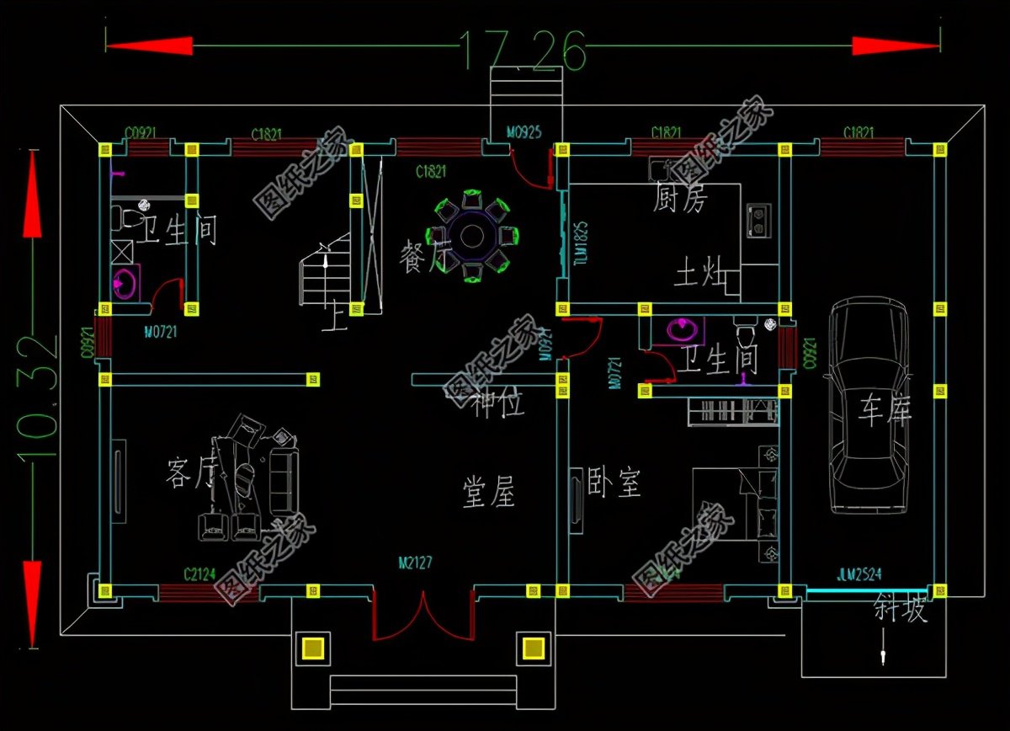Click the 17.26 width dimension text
[523, 50]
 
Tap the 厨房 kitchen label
[681, 199]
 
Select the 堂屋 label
[489, 491]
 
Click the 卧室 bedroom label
[614, 483]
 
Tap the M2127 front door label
[415, 562]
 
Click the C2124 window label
[199, 574]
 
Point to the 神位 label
[497, 405]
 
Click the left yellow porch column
[313, 648]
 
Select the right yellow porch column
[533, 648]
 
